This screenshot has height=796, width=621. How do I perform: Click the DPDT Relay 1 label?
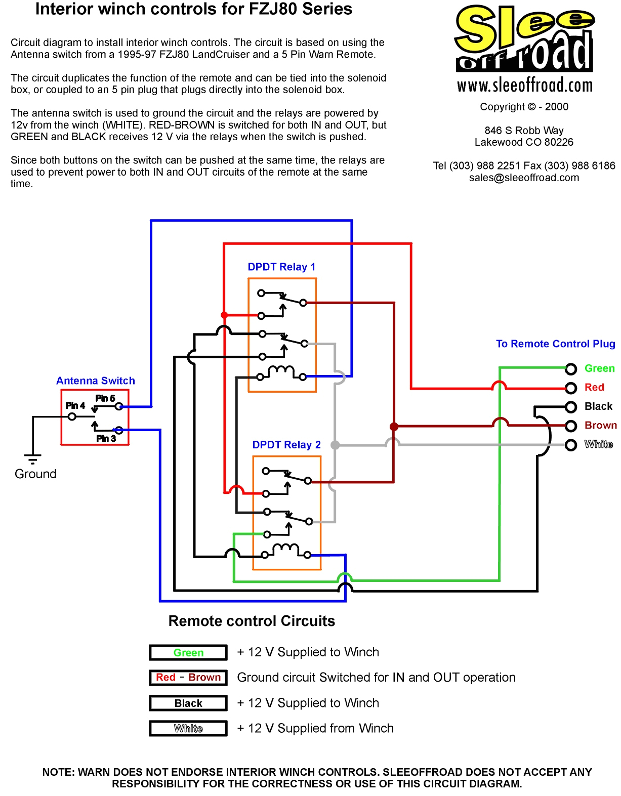(281, 267)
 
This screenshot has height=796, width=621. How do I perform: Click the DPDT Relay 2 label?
(286, 444)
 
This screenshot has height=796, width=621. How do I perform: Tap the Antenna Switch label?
(96, 381)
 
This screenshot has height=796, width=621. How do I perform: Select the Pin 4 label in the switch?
(75, 405)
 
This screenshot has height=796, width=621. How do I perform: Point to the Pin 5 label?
(105, 398)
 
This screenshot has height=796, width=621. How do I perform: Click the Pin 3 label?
(106, 438)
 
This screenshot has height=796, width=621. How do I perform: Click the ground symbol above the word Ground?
(33, 459)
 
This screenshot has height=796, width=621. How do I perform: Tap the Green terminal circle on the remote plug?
(571, 369)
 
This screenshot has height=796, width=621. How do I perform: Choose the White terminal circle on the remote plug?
(571, 445)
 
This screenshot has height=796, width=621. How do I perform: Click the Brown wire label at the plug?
(600, 425)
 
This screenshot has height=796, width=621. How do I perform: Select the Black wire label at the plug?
(598, 406)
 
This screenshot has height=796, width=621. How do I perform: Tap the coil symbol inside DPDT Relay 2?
(286, 550)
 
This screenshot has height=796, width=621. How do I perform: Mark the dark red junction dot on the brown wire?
(394, 427)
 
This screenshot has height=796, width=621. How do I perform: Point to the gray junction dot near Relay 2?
(334, 445)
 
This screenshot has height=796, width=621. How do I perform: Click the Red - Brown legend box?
(188, 678)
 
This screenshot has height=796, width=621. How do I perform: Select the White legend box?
(188, 728)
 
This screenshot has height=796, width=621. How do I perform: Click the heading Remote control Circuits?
(252, 621)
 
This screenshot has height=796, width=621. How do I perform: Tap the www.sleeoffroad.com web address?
(525, 86)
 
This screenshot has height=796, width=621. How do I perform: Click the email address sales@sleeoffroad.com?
(524, 178)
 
